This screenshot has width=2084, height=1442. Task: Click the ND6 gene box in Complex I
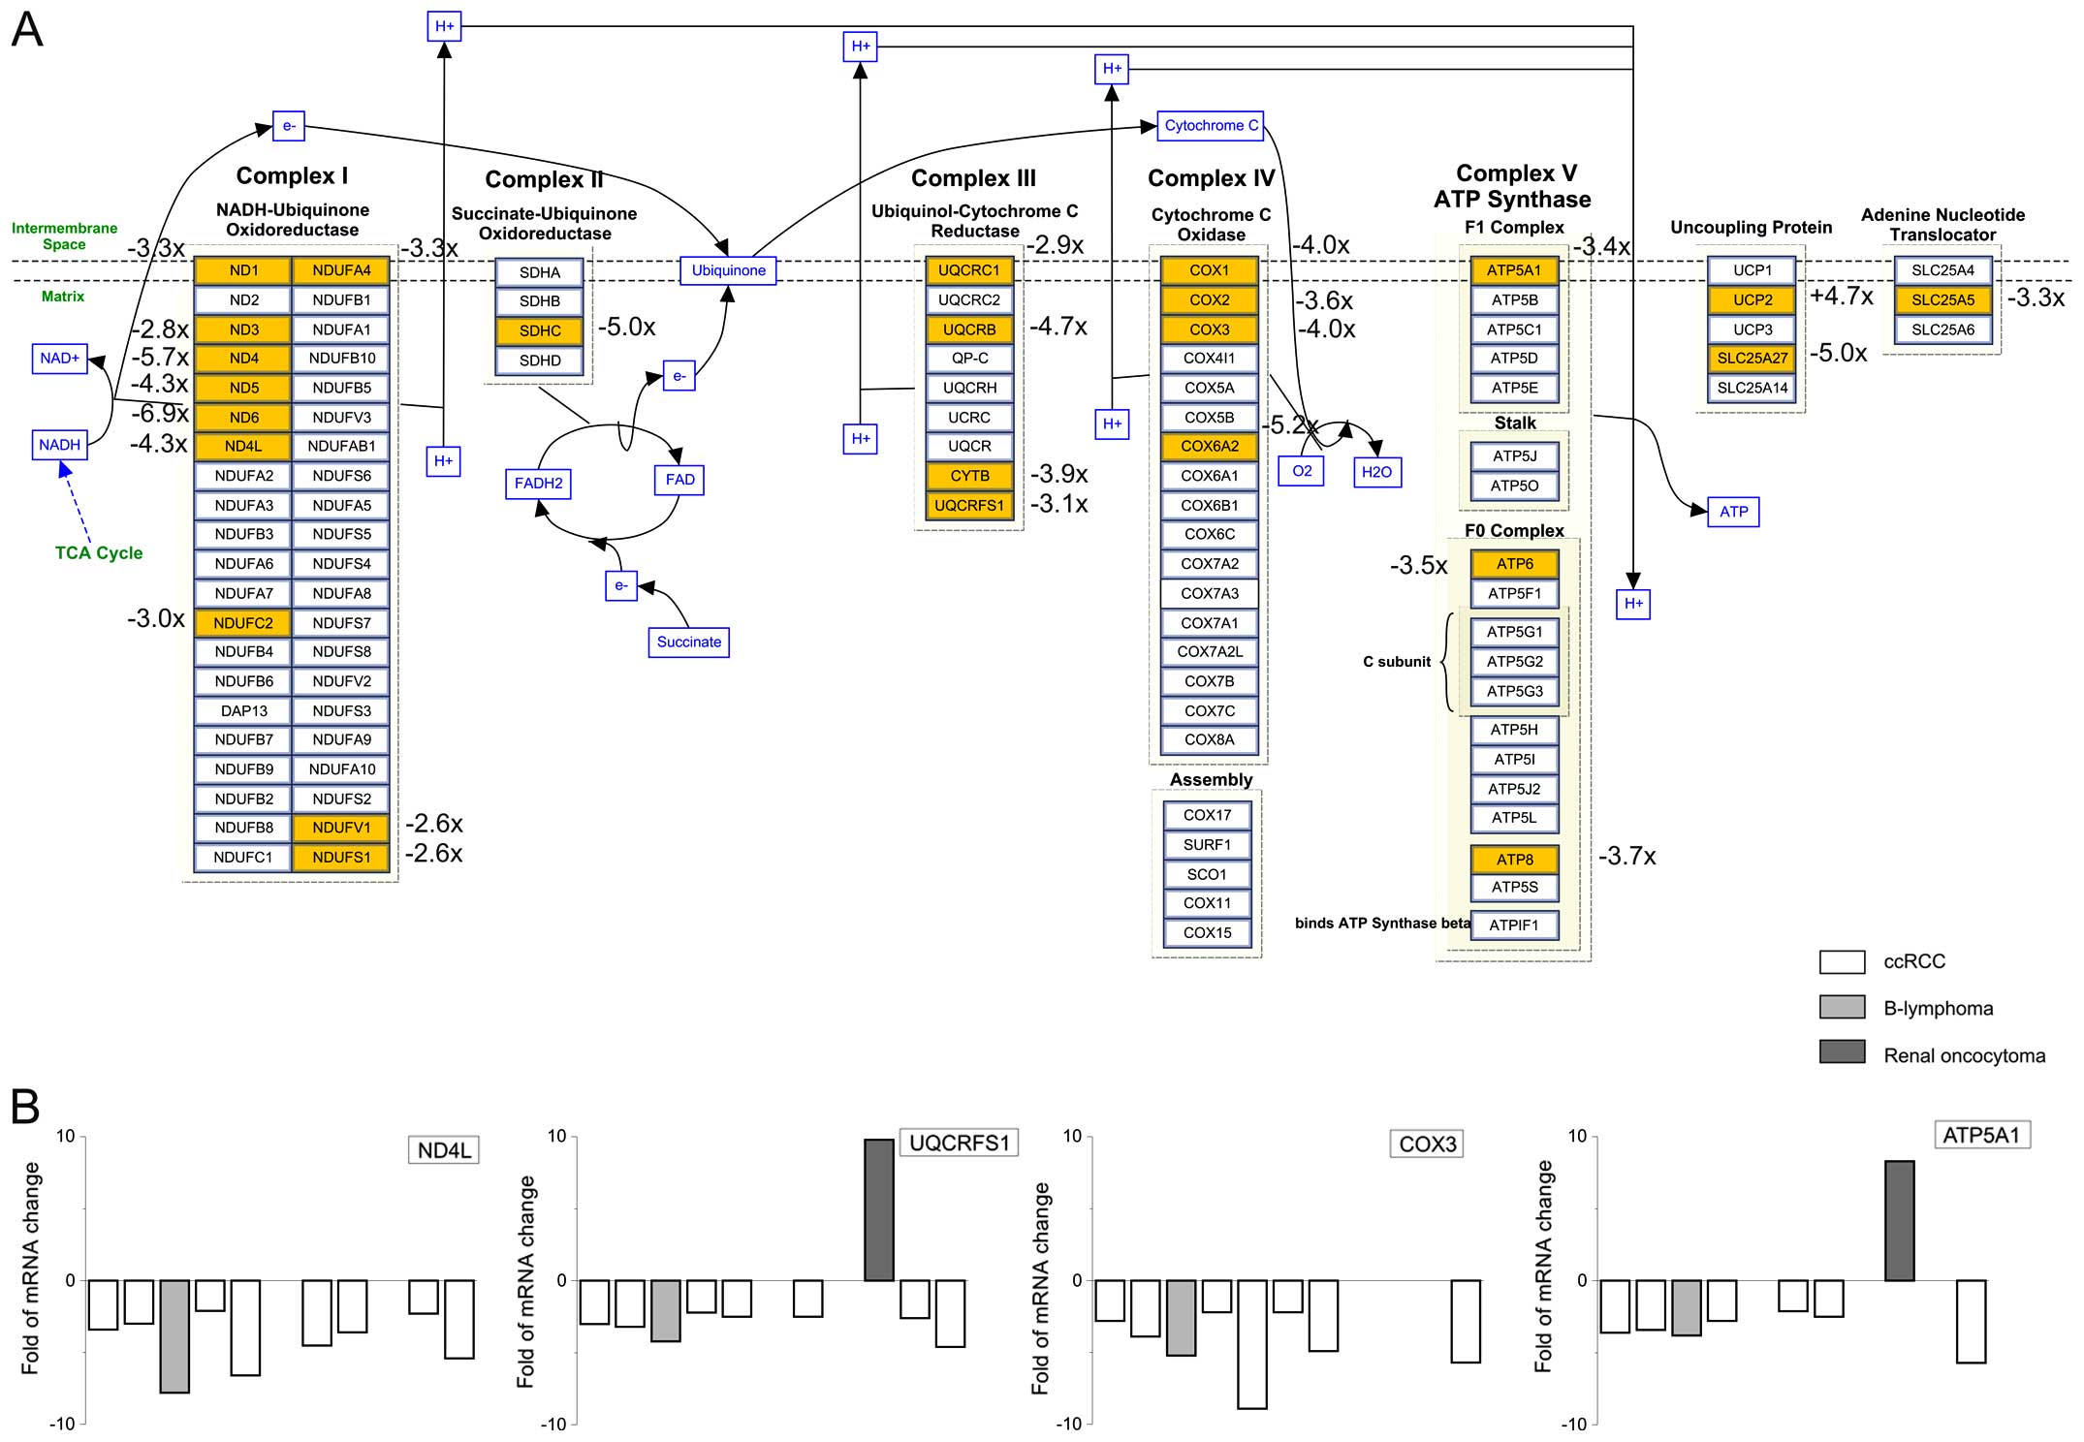pyautogui.click(x=243, y=418)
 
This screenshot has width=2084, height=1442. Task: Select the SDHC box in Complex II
pyautogui.click(x=540, y=330)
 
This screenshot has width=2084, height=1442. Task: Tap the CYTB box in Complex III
pyautogui.click(x=969, y=476)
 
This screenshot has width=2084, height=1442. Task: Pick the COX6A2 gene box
pyautogui.click(x=1209, y=447)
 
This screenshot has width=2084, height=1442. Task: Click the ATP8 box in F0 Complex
pyautogui.click(x=1514, y=860)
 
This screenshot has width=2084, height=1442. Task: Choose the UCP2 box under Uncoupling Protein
pyautogui.click(x=1752, y=300)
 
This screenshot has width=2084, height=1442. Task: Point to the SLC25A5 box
pyautogui.click(x=1942, y=300)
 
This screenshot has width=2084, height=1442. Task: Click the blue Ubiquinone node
pyautogui.click(x=728, y=270)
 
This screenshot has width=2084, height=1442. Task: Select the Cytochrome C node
pyautogui.click(x=1211, y=126)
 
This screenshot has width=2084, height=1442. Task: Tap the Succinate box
pyautogui.click(x=688, y=642)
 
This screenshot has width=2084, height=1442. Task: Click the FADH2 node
pyautogui.click(x=538, y=483)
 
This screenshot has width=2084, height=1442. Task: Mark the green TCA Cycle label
pyautogui.click(x=99, y=552)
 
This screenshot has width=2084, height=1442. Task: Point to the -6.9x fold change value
pyautogui.click(x=160, y=414)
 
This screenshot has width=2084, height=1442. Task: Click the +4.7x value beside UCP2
pyautogui.click(x=1841, y=297)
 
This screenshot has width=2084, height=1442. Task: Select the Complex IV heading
pyautogui.click(x=1211, y=178)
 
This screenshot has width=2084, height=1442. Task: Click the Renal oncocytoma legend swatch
pyautogui.click(x=1842, y=1051)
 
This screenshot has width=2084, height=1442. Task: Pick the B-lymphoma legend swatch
pyautogui.click(x=1842, y=1007)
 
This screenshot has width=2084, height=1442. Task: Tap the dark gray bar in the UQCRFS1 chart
pyautogui.click(x=878, y=1209)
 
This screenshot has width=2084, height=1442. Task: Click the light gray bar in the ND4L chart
pyautogui.click(x=174, y=1335)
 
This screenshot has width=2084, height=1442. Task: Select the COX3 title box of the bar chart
pyautogui.click(x=1427, y=1144)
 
